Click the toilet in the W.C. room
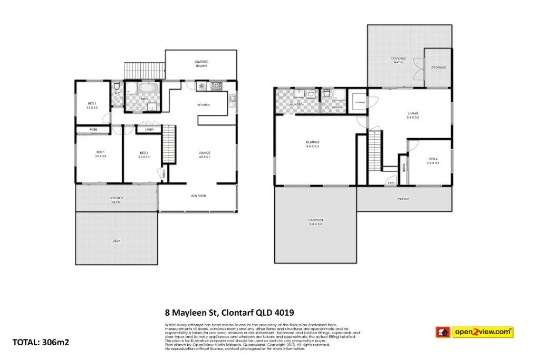point(117,86)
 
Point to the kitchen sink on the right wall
point(232,99)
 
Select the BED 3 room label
point(92,105)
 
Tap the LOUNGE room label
point(204,154)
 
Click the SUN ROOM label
point(198,196)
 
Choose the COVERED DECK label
point(116,200)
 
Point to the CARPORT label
point(315,222)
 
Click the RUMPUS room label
point(313,144)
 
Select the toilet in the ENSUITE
point(327,93)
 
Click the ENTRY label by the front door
point(391,182)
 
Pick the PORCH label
point(403,199)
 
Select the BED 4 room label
point(432,161)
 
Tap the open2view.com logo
point(474,332)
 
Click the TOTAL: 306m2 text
point(41,342)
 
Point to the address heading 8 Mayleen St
point(229,313)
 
